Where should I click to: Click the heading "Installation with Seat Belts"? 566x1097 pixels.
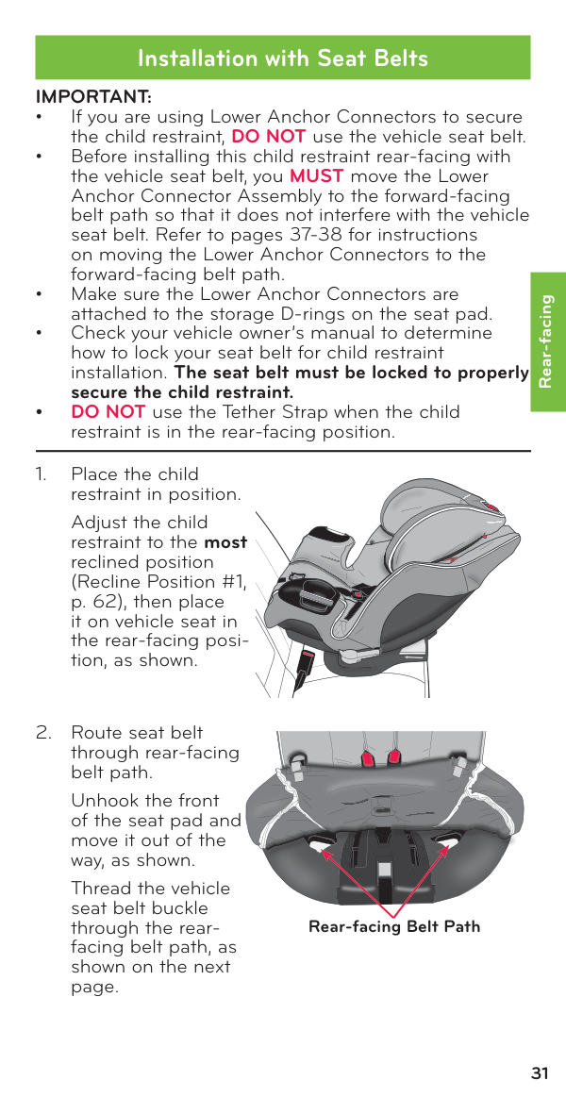282,58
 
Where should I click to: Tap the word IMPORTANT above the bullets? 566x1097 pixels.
93,97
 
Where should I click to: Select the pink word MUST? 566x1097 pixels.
316,176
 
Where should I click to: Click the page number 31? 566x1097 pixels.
540,1073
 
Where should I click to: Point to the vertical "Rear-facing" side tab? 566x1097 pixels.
546,341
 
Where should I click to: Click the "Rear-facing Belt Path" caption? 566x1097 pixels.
394,926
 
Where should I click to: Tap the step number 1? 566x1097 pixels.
41,474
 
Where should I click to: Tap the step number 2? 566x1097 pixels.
42,733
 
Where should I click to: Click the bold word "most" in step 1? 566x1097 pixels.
226,542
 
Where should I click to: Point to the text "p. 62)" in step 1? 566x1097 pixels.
96,602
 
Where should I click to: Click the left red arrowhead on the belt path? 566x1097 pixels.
324,853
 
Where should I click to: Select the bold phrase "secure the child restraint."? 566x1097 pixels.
182,392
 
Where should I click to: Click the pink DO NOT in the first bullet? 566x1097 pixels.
268,137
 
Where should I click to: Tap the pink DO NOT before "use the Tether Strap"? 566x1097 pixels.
108,412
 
